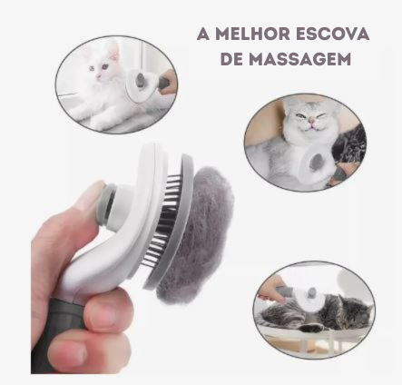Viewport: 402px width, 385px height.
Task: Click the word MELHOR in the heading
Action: pos(250,34)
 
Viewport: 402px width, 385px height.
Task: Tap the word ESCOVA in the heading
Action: pos(331,34)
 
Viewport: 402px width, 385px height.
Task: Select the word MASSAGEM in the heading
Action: pos(300,59)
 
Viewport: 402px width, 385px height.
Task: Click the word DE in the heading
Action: pos(231,59)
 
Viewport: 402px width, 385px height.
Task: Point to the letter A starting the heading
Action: pos(203,34)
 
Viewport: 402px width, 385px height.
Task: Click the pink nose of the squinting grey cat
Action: pos(311,122)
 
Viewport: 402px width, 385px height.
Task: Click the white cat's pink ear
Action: pos(114,52)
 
